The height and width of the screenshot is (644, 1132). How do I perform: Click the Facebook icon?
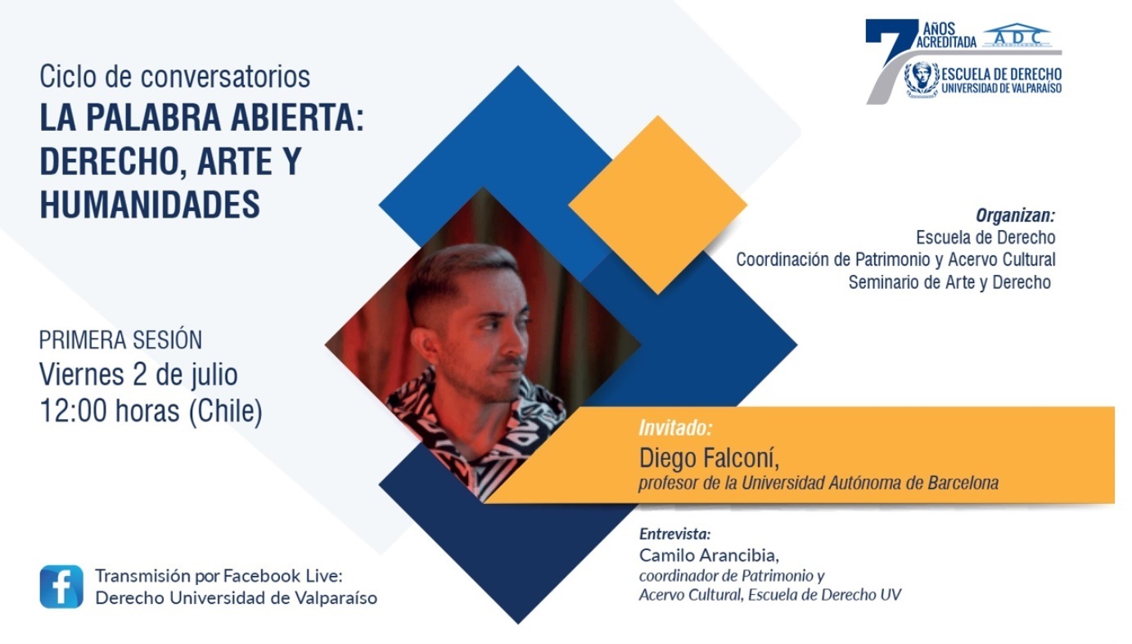coord(61,587)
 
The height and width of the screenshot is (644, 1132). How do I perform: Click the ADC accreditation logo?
coord(1017,35)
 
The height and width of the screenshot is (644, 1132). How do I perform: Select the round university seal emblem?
coord(922,79)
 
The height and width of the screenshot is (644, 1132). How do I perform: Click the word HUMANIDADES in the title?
coord(150,204)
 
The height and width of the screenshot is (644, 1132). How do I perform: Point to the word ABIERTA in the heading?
coord(297,117)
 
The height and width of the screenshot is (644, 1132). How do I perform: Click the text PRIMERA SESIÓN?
coord(120,340)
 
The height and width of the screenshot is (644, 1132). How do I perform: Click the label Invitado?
coord(675,428)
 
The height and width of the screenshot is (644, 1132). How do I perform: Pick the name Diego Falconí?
coord(709,457)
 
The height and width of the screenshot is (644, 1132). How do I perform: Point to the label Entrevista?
coord(674,534)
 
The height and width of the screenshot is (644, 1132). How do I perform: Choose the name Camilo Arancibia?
coord(709,555)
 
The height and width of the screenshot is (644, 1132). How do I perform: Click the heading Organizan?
coord(1015,216)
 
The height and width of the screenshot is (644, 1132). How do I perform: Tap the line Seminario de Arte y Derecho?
coord(949,281)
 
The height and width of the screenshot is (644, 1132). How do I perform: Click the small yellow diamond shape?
coord(657,205)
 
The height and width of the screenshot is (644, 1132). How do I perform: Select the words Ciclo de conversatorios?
coord(175,77)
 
